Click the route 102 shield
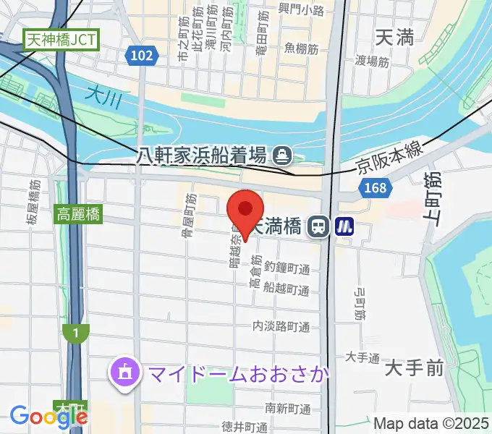tap(143, 56)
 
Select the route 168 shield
tap(375, 189)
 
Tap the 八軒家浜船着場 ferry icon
tap(281, 154)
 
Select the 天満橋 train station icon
tap(317, 227)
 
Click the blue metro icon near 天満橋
tap(344, 227)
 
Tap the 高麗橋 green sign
tap(80, 214)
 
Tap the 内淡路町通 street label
tap(281, 327)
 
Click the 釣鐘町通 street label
tap(287, 269)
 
